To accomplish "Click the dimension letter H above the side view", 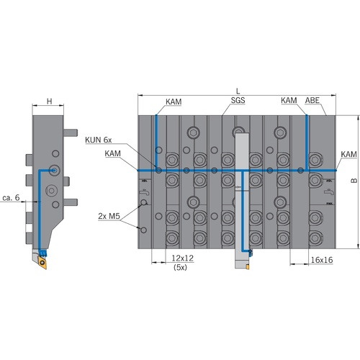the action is tap(49, 102).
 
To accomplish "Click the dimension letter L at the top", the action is tap(238, 91).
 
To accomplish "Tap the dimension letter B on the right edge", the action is tap(354, 181).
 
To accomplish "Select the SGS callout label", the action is tap(238, 100).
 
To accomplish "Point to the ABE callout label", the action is tap(312, 100).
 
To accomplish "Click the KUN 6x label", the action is tap(99, 140).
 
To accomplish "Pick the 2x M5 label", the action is tap(109, 216).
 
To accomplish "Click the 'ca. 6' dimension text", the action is tap(11, 197).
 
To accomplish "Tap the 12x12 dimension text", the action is tap(182, 258).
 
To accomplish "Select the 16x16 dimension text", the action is tap(322, 260).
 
